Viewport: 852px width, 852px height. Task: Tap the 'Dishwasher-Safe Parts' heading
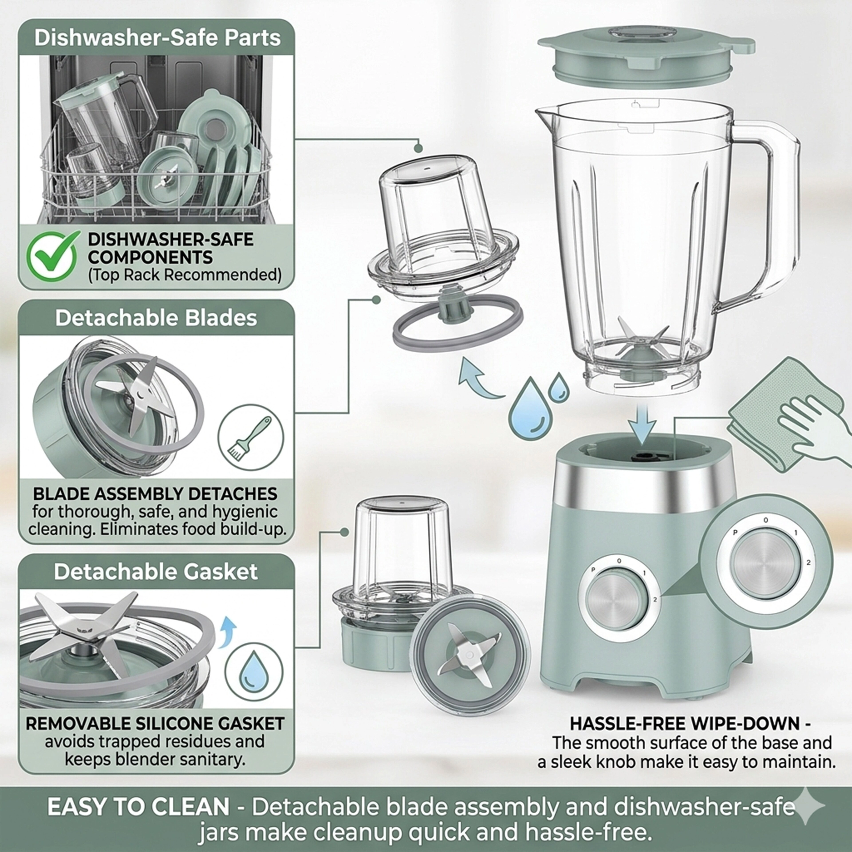[158, 38]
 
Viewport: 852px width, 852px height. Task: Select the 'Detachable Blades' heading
[156, 318]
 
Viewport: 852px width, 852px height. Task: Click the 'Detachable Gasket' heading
[156, 572]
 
